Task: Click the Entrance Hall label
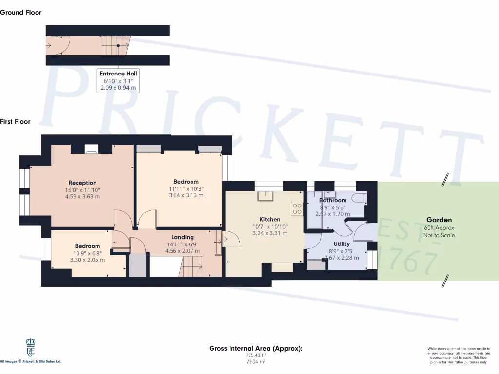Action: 119,74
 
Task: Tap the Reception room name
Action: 82,183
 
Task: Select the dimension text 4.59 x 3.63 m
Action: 82,197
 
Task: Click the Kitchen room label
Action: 269,220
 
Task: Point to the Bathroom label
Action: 333,200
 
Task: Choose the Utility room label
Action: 342,244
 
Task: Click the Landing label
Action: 182,237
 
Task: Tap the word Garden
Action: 439,220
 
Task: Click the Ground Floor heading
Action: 20,13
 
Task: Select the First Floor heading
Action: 15,122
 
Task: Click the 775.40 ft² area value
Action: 255,355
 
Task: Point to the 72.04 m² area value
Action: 255,362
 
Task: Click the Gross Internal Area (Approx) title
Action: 255,348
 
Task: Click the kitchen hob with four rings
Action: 297,208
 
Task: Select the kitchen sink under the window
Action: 266,195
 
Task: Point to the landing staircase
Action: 192,266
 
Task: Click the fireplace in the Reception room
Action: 92,149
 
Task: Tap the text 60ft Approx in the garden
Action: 439,227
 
